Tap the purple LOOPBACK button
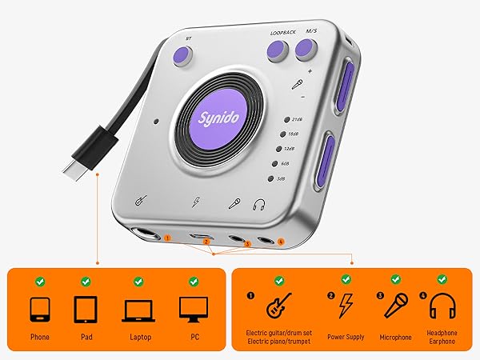(x=278, y=50)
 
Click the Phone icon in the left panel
(x=39, y=309)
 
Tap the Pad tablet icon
(x=85, y=309)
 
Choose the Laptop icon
(x=138, y=310)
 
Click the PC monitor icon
(x=193, y=309)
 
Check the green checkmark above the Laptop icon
(x=138, y=282)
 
